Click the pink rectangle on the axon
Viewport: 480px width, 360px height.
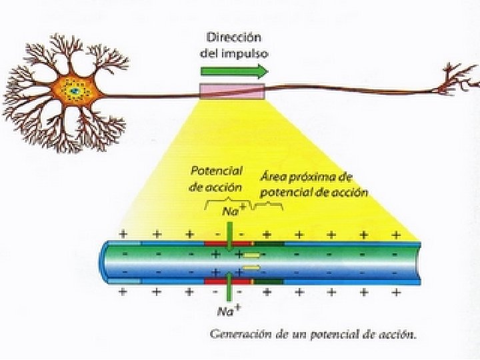(x=232, y=93)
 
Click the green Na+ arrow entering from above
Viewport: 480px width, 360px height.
(x=229, y=238)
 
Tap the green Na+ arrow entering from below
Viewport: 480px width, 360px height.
(x=229, y=288)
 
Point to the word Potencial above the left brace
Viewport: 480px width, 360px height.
(x=215, y=172)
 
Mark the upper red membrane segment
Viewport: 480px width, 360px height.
(x=227, y=245)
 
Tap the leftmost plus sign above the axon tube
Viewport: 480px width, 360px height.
(x=122, y=234)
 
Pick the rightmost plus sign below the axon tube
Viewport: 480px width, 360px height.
(x=397, y=292)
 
